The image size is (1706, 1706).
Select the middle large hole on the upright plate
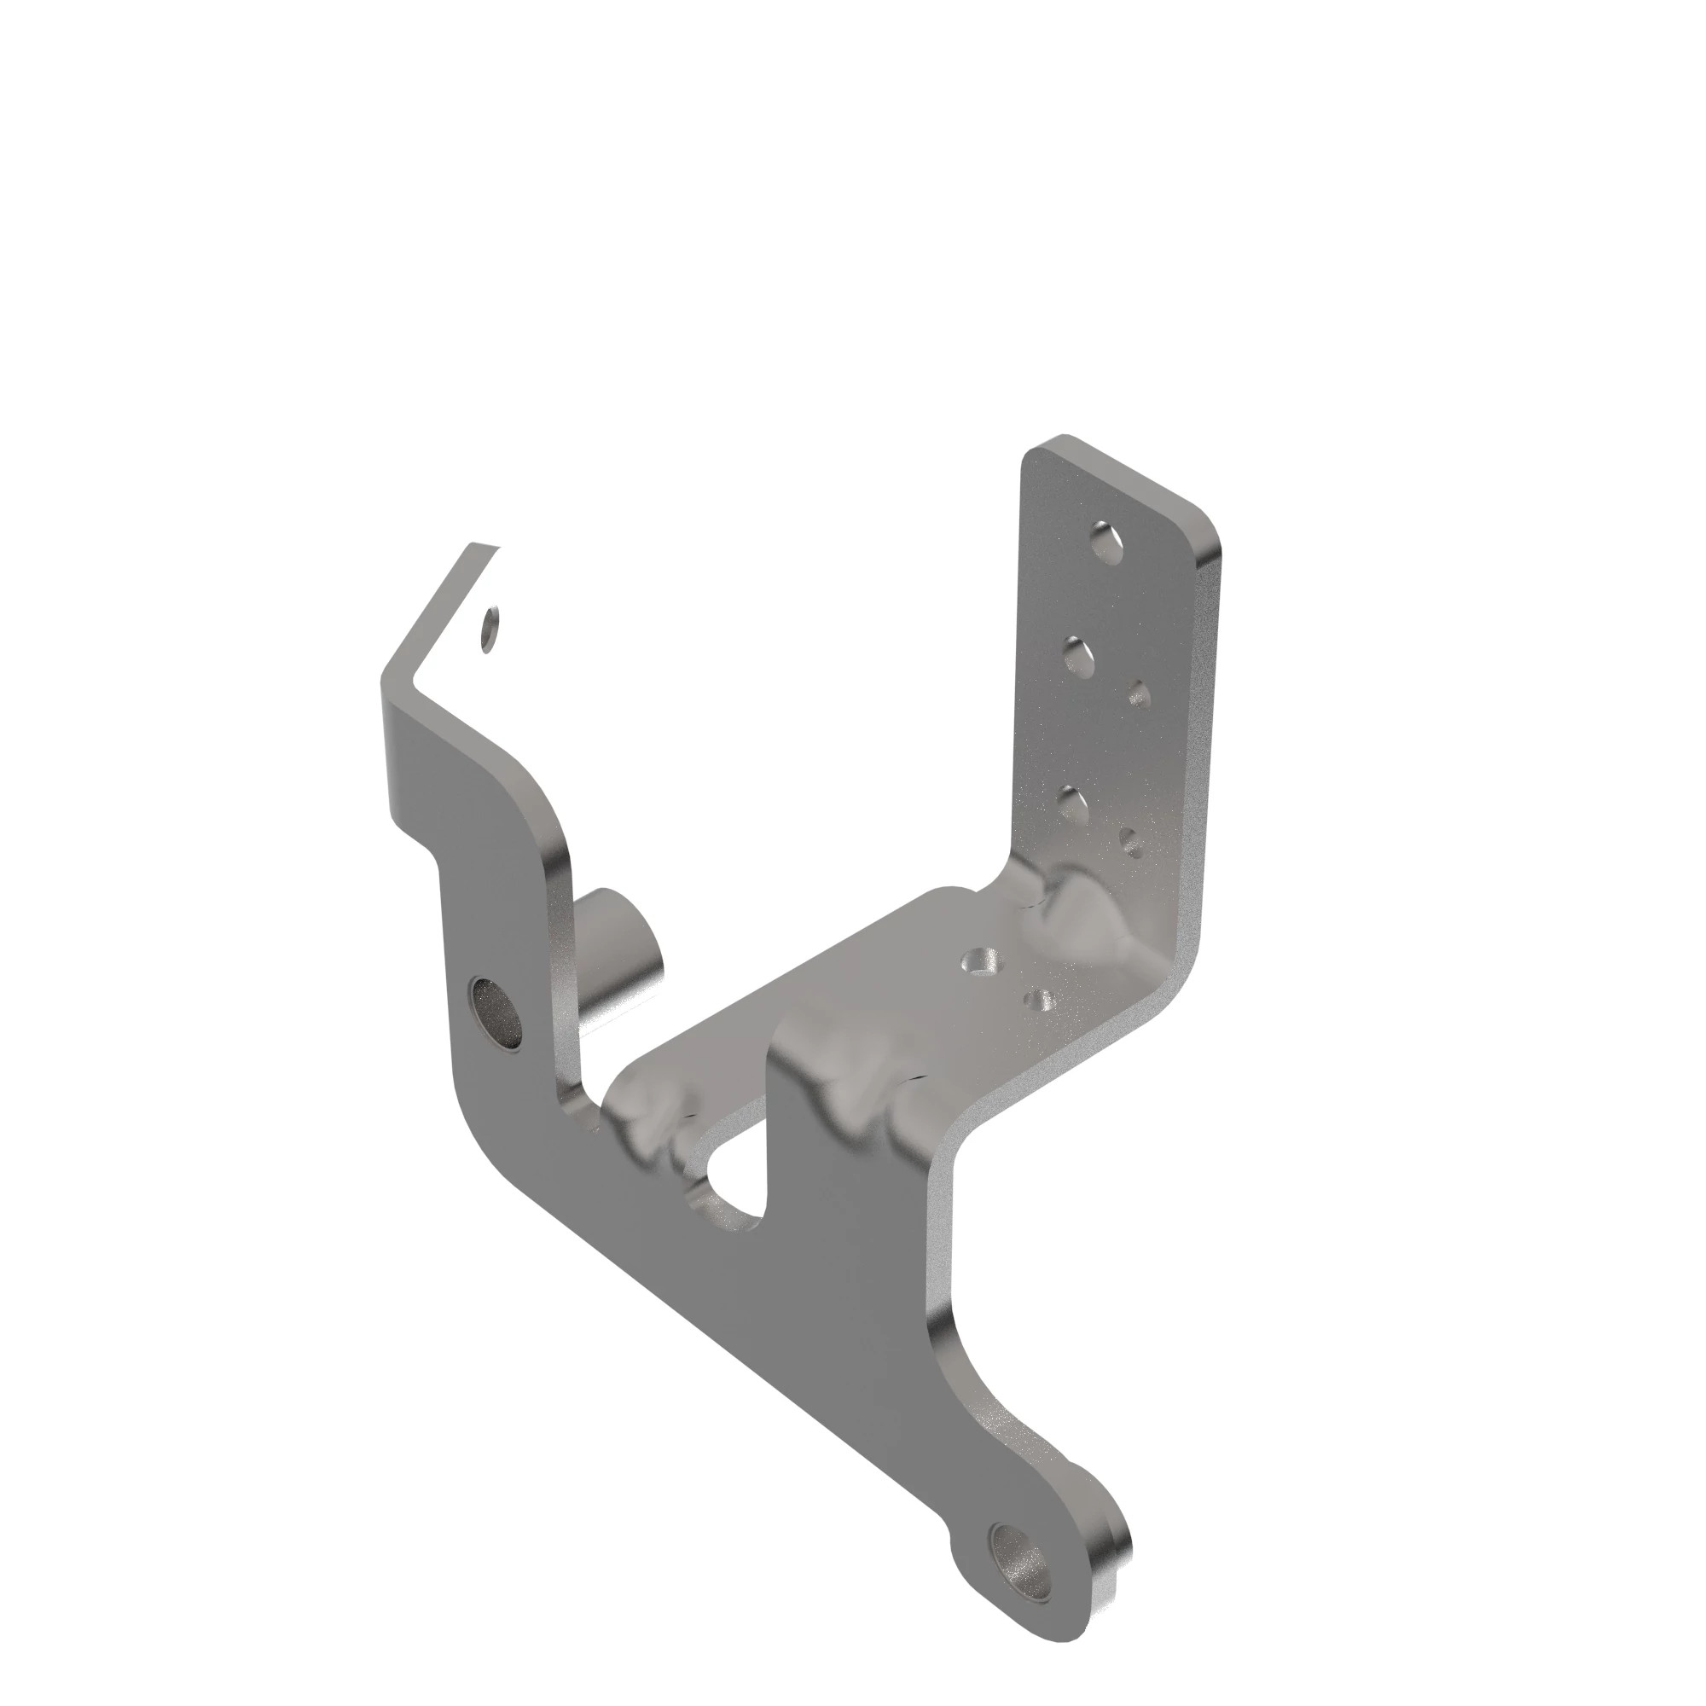coord(1079,658)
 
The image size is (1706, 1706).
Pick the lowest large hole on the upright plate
coord(1072,803)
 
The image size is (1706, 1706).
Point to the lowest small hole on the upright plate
coord(1133,843)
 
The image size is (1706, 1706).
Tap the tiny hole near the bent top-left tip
coord(490,629)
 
